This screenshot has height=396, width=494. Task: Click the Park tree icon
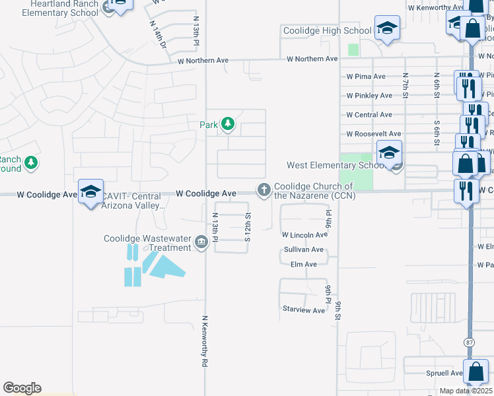click(x=228, y=123)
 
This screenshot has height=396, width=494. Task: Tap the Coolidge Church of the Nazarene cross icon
click(x=264, y=190)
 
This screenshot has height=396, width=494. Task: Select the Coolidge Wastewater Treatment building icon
click(x=200, y=243)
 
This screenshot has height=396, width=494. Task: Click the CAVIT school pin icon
click(x=90, y=192)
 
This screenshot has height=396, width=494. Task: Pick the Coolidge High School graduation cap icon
click(x=386, y=28)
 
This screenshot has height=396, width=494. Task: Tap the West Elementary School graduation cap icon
click(x=389, y=153)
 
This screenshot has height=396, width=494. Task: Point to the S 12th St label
click(x=248, y=227)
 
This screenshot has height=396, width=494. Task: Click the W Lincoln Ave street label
click(x=304, y=235)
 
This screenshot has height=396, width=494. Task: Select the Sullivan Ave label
click(x=304, y=250)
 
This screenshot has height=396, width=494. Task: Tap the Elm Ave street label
click(x=304, y=265)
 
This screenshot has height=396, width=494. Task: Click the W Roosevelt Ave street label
click(x=373, y=134)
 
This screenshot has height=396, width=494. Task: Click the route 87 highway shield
click(x=469, y=343)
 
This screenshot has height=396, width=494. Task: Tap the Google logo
click(x=22, y=388)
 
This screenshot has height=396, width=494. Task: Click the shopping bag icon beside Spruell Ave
click(x=476, y=372)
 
